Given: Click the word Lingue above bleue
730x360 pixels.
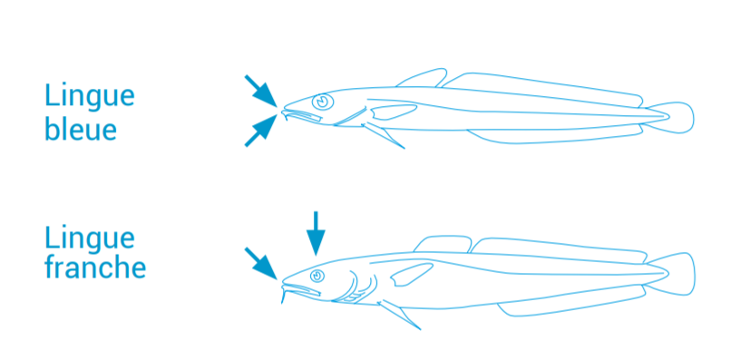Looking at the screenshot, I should (x=90, y=97).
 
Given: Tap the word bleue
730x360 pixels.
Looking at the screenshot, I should (x=81, y=129).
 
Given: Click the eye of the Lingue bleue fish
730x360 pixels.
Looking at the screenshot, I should (x=320, y=102).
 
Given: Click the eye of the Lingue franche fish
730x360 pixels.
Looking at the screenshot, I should (x=316, y=276).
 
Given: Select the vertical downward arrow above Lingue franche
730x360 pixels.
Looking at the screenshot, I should (x=315, y=233).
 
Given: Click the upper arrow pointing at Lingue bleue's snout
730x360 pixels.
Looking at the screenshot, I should (x=260, y=90).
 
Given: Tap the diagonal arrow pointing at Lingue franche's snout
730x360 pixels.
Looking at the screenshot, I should (x=261, y=263).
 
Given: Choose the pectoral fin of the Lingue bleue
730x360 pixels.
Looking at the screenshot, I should (x=392, y=112).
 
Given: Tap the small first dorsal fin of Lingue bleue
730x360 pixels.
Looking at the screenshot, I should (x=422, y=79).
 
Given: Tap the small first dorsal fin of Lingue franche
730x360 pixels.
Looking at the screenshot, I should (x=442, y=243).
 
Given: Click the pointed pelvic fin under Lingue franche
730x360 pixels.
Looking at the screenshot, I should (x=400, y=315).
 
